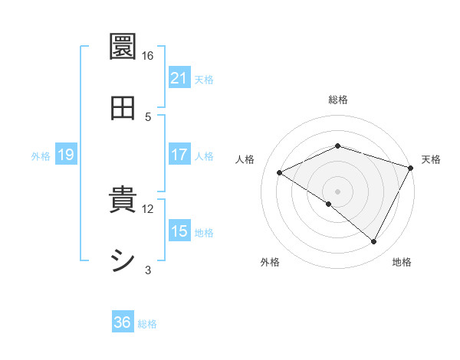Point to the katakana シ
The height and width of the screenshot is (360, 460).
(123, 261)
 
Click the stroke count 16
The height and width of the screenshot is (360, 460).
(148, 56)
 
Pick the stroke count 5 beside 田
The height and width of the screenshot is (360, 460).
(148, 116)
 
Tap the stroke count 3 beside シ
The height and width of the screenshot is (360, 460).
(148, 270)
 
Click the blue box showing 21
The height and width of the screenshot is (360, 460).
(179, 78)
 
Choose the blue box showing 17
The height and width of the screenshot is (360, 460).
(179, 155)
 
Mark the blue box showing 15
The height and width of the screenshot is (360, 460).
(179, 231)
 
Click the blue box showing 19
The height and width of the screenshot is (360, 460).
(65, 155)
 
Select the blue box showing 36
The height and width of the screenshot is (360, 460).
(123, 322)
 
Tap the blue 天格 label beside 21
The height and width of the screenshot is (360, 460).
(204, 79)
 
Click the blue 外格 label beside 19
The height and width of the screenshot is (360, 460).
(41, 156)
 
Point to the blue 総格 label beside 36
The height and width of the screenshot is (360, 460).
(147, 323)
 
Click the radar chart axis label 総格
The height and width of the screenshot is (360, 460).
(337, 100)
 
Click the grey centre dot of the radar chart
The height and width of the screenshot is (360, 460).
(337, 191)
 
